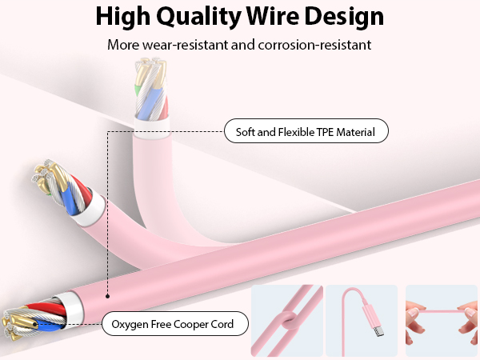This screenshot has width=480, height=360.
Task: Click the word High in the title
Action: pos(123,16)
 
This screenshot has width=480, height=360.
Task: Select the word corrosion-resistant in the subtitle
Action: pos(314,45)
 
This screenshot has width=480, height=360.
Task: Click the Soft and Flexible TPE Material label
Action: pos(306,131)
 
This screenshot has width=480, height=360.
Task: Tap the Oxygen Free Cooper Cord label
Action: pos(174,323)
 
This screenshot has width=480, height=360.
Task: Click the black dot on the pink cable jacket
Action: pos(107,296)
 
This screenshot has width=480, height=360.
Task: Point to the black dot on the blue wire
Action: pos(35,324)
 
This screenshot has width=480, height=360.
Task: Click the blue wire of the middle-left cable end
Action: pos(69,198)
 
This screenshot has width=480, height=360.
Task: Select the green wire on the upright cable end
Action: pos(138,90)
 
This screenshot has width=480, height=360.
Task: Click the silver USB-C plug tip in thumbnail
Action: pos(378,331)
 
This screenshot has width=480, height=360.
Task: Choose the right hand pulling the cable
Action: pos(467,322)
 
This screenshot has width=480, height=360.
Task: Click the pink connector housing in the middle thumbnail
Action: pos(370,315)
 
